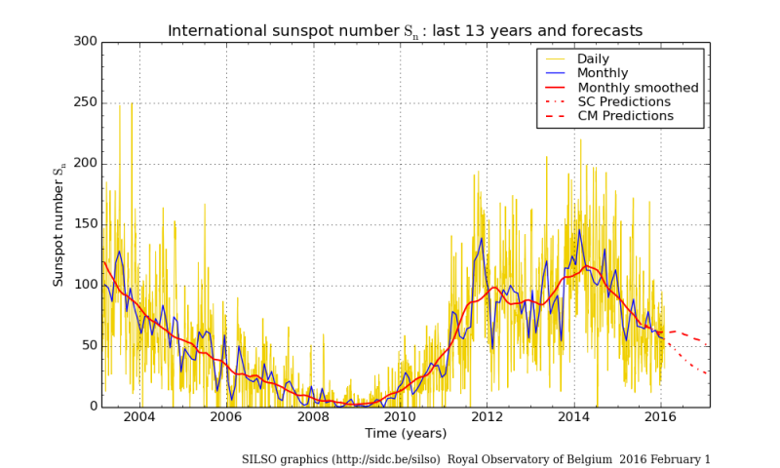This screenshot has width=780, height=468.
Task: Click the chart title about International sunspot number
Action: pyautogui.click(x=405, y=30)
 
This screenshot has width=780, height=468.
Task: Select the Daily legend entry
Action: pyautogui.click(x=599, y=58)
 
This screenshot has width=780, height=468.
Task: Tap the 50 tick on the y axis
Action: pyautogui.click(x=88, y=346)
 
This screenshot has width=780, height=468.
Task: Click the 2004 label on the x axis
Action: pyautogui.click(x=139, y=417)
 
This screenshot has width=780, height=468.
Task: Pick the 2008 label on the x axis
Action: pyautogui.click(x=312, y=417)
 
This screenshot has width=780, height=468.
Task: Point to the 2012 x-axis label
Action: pyautogui.click(x=487, y=417)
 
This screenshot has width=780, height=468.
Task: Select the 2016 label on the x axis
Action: pyautogui.click(x=660, y=417)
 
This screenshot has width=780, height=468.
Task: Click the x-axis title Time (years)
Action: pyautogui.click(x=405, y=433)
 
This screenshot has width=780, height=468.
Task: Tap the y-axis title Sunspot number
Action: pyautogui.click(x=58, y=225)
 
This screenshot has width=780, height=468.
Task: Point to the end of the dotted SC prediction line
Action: pyautogui.click(x=709, y=373)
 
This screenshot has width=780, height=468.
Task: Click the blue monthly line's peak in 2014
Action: pyautogui.click(x=579, y=230)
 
